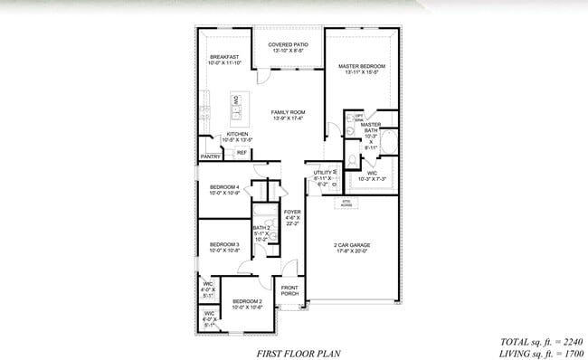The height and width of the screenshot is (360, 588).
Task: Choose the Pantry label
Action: pyautogui.click(x=210, y=156)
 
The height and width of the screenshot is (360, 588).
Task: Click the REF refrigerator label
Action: pyautogui.click(x=242, y=153)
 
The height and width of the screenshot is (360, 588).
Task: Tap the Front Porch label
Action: pyautogui.click(x=289, y=290)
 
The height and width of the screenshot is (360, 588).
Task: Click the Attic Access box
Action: pyautogui.click(x=346, y=204)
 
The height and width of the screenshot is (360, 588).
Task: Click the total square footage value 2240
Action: pyautogui.click(x=570, y=342)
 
